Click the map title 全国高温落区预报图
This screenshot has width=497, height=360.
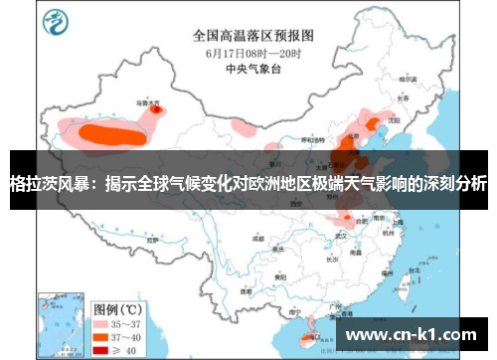click(x=248, y=34)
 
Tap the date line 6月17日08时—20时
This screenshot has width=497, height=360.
click(x=248, y=51)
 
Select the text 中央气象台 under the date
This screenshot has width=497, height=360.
click(x=248, y=69)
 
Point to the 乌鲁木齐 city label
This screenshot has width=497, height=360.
click(x=146, y=101)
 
